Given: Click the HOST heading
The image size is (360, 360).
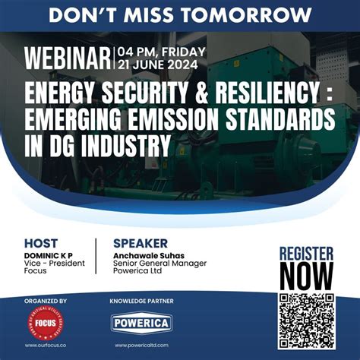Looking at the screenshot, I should (x=41, y=243).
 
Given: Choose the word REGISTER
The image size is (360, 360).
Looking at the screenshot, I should (x=306, y=253).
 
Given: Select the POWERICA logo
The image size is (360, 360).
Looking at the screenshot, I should (x=143, y=321).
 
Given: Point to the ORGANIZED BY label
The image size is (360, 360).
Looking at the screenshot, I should (x=46, y=301).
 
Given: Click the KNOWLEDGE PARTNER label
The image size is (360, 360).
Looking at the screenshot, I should (x=143, y=301).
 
